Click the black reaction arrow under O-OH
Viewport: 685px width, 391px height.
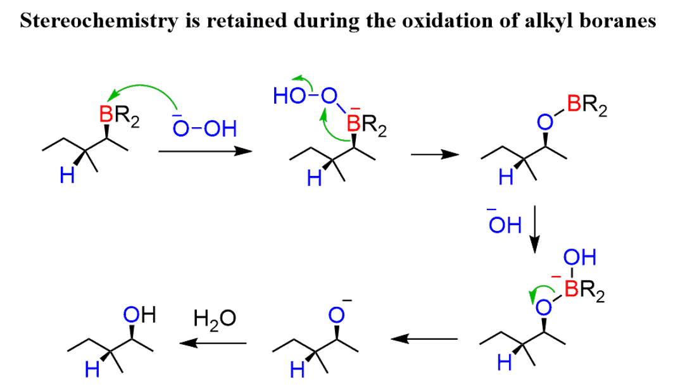[201, 152]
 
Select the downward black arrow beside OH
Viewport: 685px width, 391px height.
[534, 227]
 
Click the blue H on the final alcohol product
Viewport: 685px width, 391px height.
[91, 371]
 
